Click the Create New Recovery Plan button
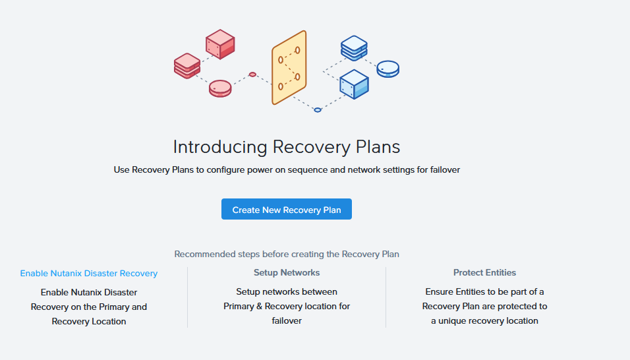pos(287,210)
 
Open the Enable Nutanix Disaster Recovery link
pos(89,273)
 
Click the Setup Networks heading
pos(287,272)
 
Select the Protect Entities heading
pos(484,272)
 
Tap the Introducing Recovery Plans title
pos(287,146)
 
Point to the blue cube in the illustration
pos(354,84)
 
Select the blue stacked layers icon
pos(354,47)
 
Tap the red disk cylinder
pos(220,88)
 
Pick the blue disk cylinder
pos(388,69)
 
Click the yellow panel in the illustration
pos(289,67)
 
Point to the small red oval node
pos(252,75)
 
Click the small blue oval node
pos(318,109)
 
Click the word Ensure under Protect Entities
pos(440,291)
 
